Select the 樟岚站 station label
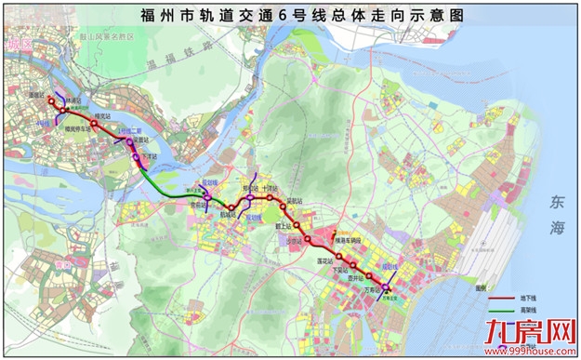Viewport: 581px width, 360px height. tap(100, 116)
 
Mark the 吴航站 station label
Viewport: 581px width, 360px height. tap(295, 200)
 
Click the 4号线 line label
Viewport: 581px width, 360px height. tap(42, 122)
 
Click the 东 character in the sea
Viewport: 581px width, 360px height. tap(556, 200)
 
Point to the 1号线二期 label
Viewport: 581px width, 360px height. tap(125, 130)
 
